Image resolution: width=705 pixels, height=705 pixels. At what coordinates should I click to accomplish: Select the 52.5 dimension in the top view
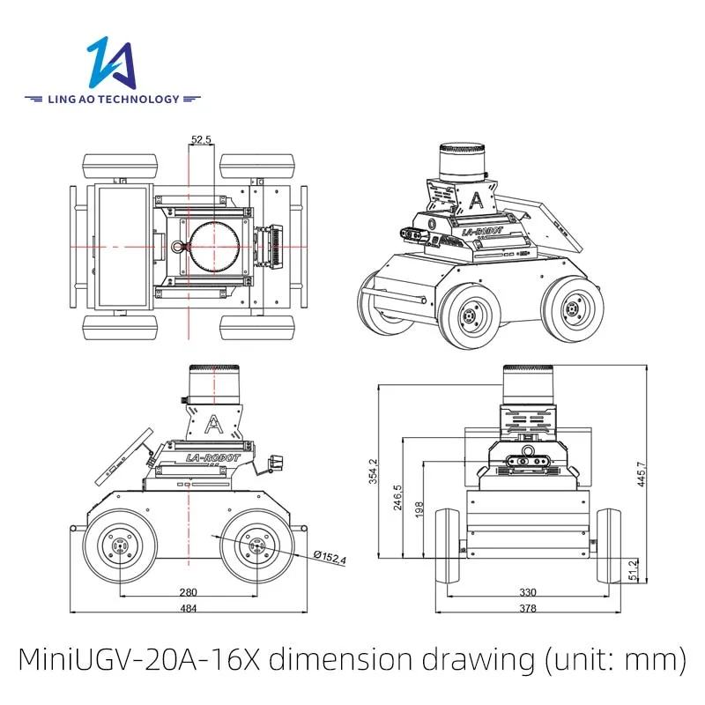tap(201, 139)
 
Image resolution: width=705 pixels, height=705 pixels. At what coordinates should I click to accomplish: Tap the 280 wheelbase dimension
tap(187, 592)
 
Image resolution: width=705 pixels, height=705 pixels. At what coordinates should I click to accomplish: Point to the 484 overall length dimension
tap(187, 609)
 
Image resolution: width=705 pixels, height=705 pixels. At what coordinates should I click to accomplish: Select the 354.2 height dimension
tap(373, 471)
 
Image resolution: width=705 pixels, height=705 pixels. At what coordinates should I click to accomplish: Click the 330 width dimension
tap(527, 592)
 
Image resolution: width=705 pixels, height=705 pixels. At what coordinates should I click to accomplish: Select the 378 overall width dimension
tap(527, 609)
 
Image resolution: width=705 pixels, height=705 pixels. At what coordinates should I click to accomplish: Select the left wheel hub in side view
tap(117, 546)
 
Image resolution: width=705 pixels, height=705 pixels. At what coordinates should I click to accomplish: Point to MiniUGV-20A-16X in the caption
tap(140, 657)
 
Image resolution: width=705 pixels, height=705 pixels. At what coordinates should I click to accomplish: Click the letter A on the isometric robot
tap(477, 197)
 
